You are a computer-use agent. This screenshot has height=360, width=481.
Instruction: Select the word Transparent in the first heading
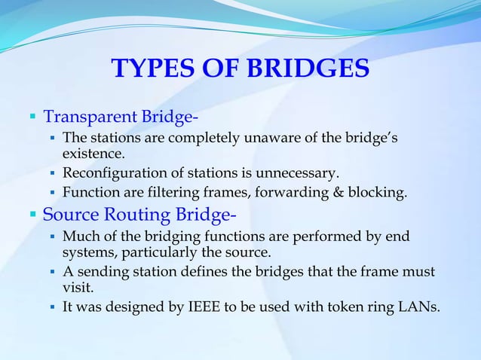point(90,117)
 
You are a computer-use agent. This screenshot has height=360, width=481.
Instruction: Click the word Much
point(78,237)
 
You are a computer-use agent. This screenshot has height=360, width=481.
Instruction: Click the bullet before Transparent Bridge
point(33,118)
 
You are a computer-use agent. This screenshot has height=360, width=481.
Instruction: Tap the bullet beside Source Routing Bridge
point(33,215)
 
